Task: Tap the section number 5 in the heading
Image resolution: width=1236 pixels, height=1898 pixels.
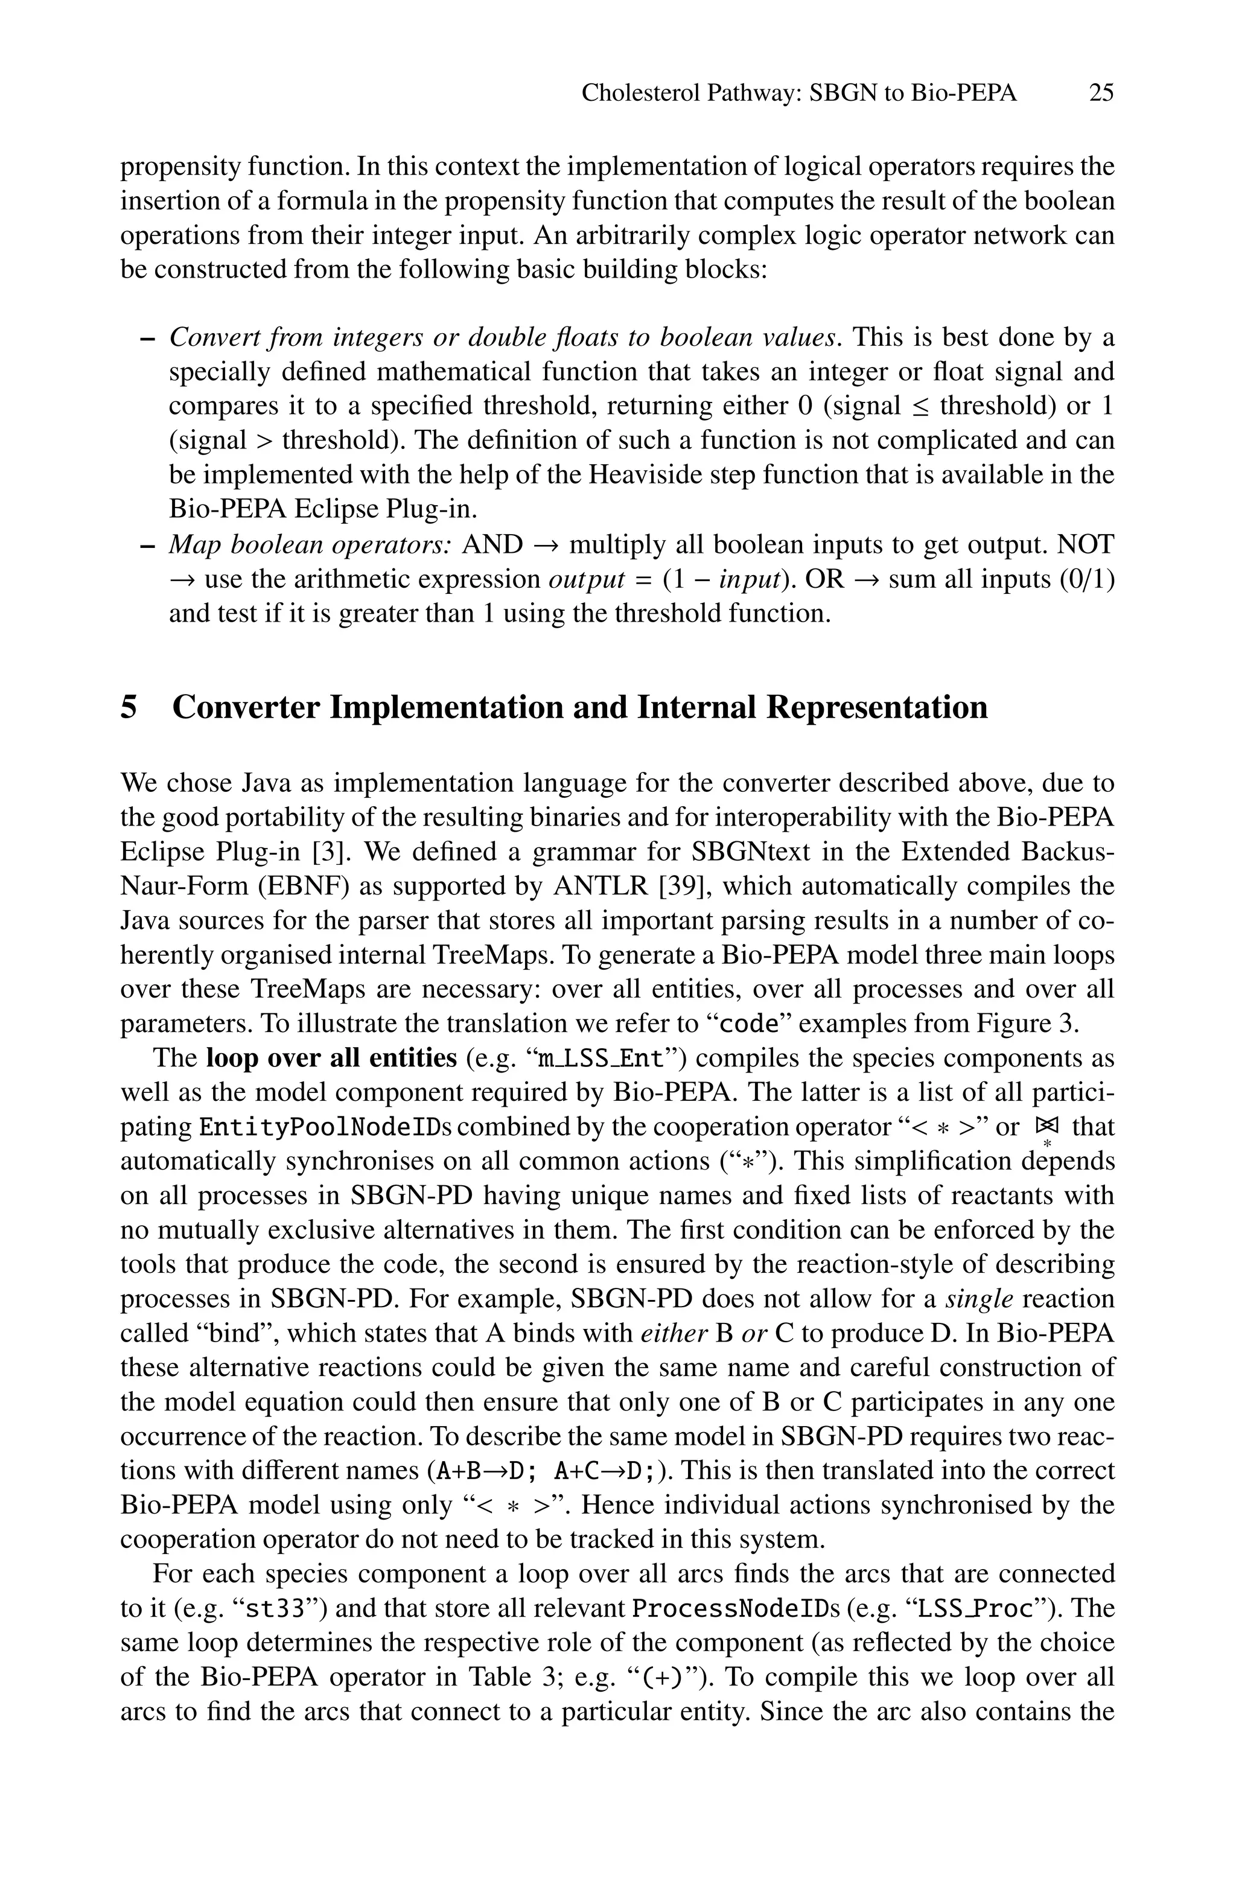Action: tap(129, 708)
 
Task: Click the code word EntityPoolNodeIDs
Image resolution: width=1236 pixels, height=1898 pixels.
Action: tap(325, 1127)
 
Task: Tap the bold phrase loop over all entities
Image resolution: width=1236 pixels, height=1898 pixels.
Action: tap(331, 1059)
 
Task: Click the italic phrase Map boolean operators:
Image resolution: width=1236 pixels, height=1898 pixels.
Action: tap(310, 545)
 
